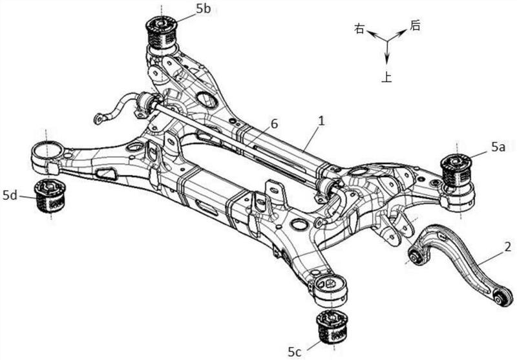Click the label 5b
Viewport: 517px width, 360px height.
point(203,9)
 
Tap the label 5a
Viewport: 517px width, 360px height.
point(498,147)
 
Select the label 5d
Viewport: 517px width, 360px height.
point(10,195)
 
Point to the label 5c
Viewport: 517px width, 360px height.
point(295,352)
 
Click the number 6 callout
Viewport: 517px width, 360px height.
point(274,124)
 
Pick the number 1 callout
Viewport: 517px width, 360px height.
point(321,121)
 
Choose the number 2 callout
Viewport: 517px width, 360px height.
point(508,247)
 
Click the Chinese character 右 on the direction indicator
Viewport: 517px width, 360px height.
point(359,28)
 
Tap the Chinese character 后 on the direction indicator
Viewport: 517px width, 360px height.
point(415,25)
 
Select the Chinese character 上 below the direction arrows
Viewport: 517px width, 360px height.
point(386,78)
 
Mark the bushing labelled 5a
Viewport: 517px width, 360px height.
point(456,170)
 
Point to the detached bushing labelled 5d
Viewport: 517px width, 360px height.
point(50,196)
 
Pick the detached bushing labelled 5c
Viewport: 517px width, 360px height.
point(332,328)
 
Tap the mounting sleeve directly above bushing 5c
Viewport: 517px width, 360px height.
point(330,290)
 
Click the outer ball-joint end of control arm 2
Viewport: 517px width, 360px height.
point(503,296)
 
